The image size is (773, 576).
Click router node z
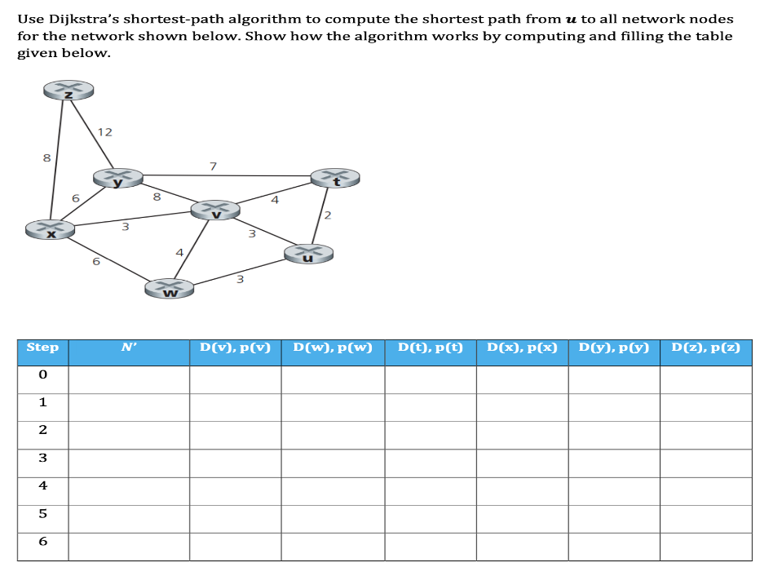[69, 91]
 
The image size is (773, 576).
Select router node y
[118, 177]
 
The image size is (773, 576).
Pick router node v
[215, 210]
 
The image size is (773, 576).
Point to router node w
[170, 287]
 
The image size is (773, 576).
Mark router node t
[334, 177]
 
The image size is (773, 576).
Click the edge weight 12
[105, 131]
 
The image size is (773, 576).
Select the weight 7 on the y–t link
[213, 166]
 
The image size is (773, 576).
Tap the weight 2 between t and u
[328, 215]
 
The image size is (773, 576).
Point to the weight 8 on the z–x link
[46, 157]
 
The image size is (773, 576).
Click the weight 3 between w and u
[240, 280]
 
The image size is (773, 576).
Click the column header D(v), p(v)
[236, 348]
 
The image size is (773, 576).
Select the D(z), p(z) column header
[705, 348]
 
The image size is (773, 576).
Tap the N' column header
[129, 348]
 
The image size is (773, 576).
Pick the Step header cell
[42, 348]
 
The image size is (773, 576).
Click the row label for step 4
[42, 485]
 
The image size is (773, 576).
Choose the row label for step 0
[42, 374]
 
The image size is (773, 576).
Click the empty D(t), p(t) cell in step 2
[431, 430]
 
